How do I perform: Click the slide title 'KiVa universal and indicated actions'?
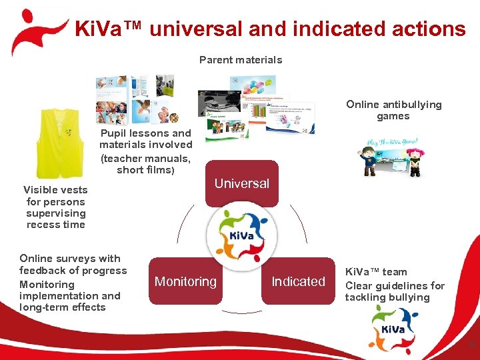pyautogui.click(x=270, y=29)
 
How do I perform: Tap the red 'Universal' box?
pyautogui.click(x=241, y=183)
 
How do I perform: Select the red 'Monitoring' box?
pyautogui.click(x=185, y=281)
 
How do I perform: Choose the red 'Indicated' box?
pyautogui.click(x=298, y=281)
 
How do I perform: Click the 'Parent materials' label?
pyautogui.click(x=241, y=60)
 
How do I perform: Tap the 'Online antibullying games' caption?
pyautogui.click(x=393, y=110)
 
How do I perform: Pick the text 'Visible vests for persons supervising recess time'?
pyautogui.click(x=55, y=207)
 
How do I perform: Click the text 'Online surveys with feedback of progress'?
pyautogui.click(x=73, y=265)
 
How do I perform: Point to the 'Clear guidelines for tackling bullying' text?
pyautogui.click(x=395, y=291)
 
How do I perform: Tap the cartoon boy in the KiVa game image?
pyautogui.click(x=373, y=159)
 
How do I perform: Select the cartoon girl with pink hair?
pyautogui.click(x=417, y=160)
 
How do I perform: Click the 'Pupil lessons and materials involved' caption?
pyautogui.click(x=145, y=139)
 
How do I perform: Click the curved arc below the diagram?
pyautogui.click(x=241, y=312)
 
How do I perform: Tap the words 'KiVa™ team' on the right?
pyautogui.click(x=376, y=272)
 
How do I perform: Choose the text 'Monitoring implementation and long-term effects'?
pyautogui.click(x=70, y=295)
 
